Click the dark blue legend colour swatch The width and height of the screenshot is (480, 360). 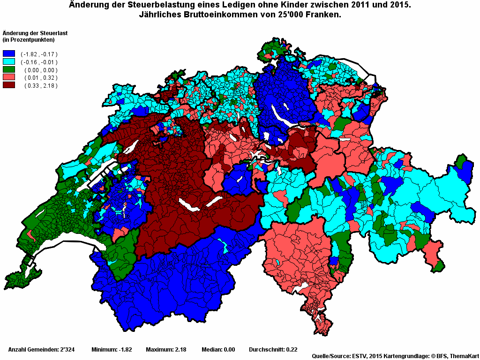point(9,54)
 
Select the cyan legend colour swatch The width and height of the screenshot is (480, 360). point(9,62)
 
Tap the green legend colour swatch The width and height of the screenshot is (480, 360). point(9,70)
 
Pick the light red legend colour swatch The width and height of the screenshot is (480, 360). point(9,77)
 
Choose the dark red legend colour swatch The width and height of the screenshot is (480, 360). point(9,85)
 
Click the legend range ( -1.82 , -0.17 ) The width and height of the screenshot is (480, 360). point(39,54)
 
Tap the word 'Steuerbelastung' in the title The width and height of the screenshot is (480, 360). point(150,5)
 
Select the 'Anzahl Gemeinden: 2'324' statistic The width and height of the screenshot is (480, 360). point(40,350)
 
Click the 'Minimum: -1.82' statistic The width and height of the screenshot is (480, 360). point(112,350)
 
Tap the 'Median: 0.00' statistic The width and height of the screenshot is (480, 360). point(218,350)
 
